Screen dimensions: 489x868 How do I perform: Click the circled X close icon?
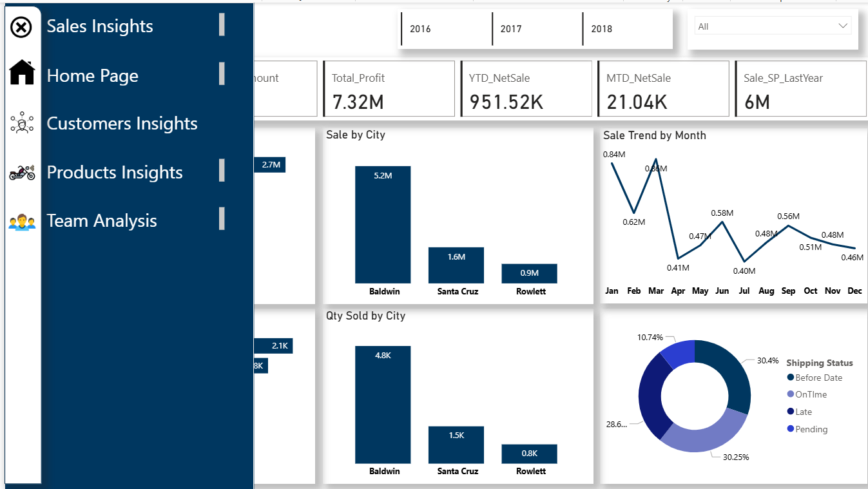click(22, 27)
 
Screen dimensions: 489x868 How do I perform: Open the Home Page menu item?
click(92, 76)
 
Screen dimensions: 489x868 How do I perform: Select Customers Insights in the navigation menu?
click(122, 124)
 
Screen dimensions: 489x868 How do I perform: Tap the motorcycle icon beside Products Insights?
click(22, 172)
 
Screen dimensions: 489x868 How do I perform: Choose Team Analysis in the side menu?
click(102, 221)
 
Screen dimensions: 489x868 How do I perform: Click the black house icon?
click(22, 72)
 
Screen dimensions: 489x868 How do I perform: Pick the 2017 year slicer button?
click(511, 29)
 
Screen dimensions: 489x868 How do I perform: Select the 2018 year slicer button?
click(602, 29)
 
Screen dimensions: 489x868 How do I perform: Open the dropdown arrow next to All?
click(843, 26)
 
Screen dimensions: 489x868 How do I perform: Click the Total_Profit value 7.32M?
click(358, 102)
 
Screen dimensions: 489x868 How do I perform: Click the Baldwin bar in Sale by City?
click(383, 224)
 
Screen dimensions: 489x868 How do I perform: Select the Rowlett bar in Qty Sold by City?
click(529, 454)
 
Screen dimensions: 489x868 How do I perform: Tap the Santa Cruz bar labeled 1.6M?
click(456, 265)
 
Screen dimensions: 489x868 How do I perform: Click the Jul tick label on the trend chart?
click(744, 291)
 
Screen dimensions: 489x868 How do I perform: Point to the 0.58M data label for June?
click(722, 213)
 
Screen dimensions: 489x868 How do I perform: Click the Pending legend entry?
click(811, 429)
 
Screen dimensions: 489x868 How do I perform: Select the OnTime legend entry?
click(811, 394)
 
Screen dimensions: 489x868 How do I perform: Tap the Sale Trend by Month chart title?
click(654, 135)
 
